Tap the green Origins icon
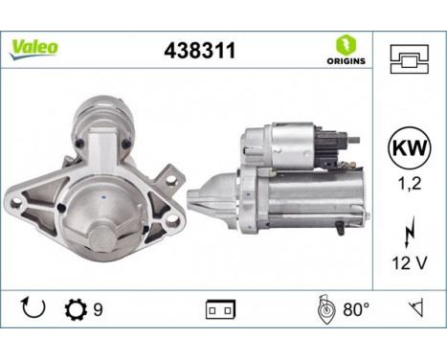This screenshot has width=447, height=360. (341, 44)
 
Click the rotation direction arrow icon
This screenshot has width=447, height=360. (32, 310)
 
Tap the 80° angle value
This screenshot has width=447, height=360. (355, 310)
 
